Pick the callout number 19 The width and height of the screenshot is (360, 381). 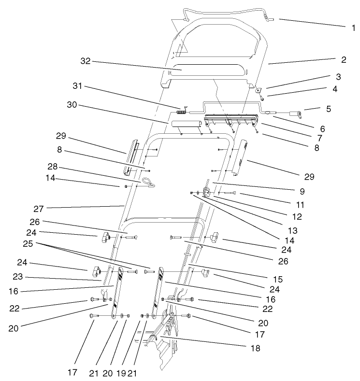click(x=122, y=373)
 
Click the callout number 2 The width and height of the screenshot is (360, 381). click(x=343, y=60)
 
